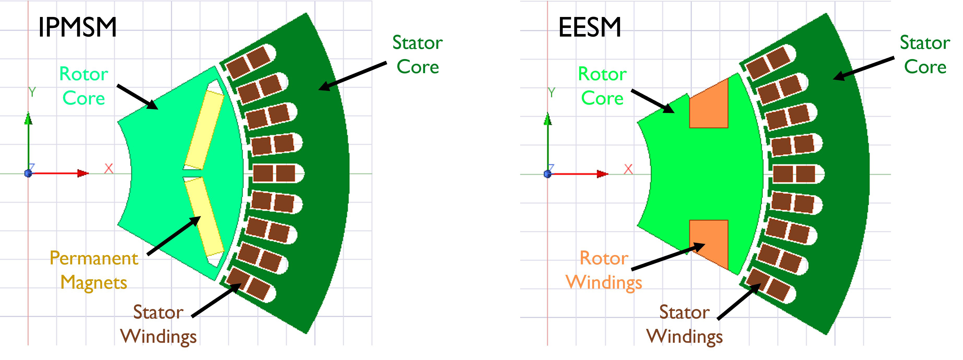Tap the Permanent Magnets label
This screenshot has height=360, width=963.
(x=93, y=270)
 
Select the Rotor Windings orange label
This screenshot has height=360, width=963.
(x=604, y=270)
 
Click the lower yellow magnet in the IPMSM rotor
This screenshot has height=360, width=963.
(x=204, y=217)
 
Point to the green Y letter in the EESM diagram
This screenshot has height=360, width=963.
(x=551, y=92)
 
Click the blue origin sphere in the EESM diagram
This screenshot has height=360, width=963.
(x=548, y=174)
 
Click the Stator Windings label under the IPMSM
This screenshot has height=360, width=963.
(x=158, y=324)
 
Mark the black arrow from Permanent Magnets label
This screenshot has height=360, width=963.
(x=174, y=235)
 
